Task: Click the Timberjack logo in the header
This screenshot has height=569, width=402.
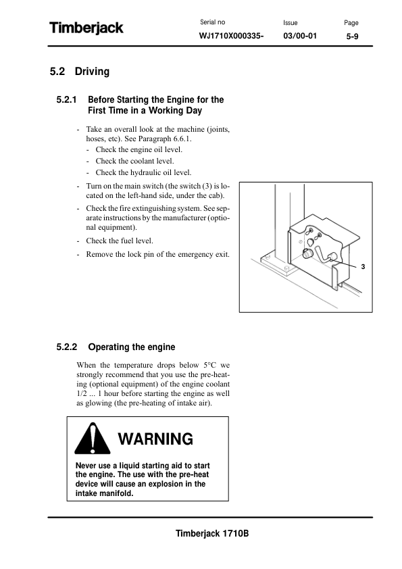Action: tap(86, 28)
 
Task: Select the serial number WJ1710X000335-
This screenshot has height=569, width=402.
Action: tap(231, 36)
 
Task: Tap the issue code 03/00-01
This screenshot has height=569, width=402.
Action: tap(300, 36)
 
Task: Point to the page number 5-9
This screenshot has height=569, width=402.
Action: tap(352, 36)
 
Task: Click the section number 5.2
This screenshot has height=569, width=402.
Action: tap(57, 72)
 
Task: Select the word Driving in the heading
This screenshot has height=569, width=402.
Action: tap(92, 72)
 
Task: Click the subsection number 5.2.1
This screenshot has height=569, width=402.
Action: tap(66, 100)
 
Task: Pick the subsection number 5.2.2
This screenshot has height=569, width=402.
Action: tap(67, 347)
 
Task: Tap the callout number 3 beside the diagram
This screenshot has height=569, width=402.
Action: tap(363, 267)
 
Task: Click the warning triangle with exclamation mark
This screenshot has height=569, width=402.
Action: tap(93, 439)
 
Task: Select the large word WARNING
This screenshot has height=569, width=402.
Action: tap(155, 439)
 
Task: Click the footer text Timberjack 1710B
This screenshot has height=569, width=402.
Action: tap(212, 533)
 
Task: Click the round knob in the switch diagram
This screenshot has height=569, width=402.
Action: tap(307, 253)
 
